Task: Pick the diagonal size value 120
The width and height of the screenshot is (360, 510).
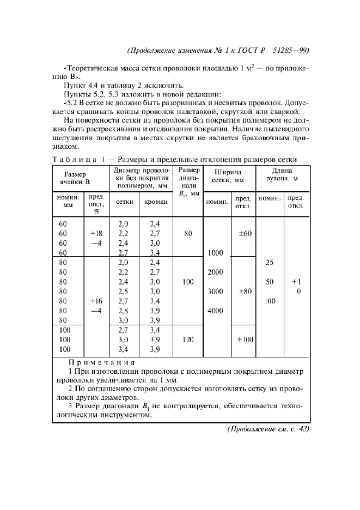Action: pyautogui.click(x=188, y=339)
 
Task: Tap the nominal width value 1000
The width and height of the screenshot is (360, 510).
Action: pyautogui.click(x=216, y=253)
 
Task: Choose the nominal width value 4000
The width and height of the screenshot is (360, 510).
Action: pyautogui.click(x=216, y=311)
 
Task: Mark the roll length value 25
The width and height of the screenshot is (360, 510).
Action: pyautogui.click(x=269, y=263)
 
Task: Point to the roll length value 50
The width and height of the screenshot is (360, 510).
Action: pyautogui.click(x=269, y=282)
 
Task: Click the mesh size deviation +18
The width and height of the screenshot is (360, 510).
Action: pyautogui.click(x=96, y=234)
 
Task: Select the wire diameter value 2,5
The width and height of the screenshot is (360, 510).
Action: pyautogui.click(x=123, y=292)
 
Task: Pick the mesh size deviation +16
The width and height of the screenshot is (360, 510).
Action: pyautogui.click(x=96, y=301)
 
